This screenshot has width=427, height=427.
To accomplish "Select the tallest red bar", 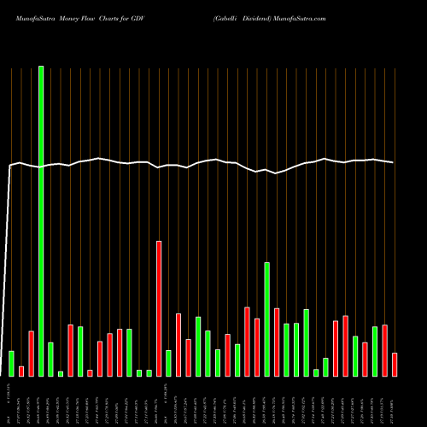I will (x=159, y=308).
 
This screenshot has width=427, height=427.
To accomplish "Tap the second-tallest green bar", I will (x=266, y=319).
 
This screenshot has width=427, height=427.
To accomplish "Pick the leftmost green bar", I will (x=12, y=363).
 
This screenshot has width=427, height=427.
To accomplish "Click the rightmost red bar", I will (x=395, y=364).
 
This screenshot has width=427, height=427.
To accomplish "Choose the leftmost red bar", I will (x=21, y=371).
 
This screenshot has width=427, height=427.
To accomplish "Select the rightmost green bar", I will (x=375, y=351).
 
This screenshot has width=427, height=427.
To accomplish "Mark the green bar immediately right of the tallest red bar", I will (x=168, y=363).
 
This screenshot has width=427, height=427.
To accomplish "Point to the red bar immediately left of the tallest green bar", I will (x=32, y=354).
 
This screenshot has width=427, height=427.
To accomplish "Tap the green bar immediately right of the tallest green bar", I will (x=50, y=359).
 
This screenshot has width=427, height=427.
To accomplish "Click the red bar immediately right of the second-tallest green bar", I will (x=277, y=342).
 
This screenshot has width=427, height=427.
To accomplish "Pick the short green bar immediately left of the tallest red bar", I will (x=149, y=372).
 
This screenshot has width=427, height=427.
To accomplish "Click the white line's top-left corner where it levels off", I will (x=11, y=166).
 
